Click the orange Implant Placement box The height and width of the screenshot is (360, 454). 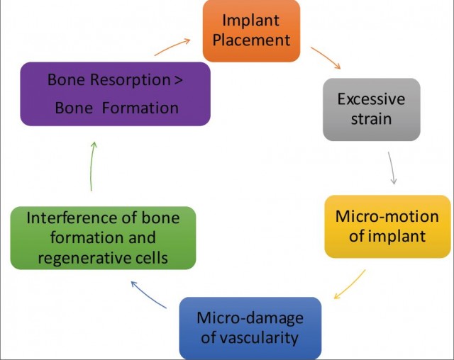tap(251, 30)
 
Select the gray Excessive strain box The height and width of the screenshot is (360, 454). tap(371, 108)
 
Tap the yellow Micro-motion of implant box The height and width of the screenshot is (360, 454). tap(387, 225)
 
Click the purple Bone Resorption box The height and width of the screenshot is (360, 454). tap(114, 94)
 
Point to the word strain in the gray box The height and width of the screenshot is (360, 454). tap(371, 118)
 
